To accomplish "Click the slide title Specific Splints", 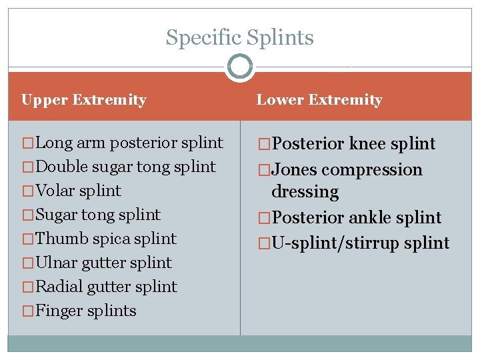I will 239,37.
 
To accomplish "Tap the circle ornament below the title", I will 239,67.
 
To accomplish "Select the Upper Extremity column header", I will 84,100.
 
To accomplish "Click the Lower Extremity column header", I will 319,100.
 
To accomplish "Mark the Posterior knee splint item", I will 353,144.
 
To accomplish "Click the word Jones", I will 294,170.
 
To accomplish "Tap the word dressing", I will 305,192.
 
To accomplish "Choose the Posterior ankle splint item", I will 356,218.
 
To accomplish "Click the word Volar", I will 55,191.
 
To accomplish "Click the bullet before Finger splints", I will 28,311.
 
